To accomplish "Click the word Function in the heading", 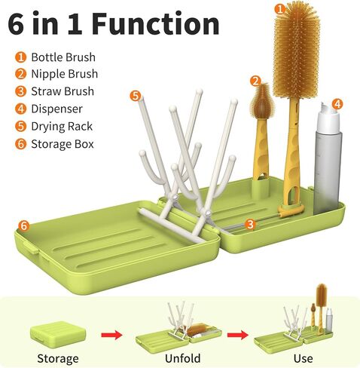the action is click(x=156, y=24).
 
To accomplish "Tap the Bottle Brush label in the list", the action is click(x=63, y=57).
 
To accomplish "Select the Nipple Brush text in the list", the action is click(x=65, y=74).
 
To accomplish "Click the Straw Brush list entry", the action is click(x=63, y=91).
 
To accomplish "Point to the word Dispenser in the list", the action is click(x=56, y=109).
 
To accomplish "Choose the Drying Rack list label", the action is click(x=62, y=127).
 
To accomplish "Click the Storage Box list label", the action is click(x=63, y=144).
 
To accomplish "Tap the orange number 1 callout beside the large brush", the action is click(x=279, y=9).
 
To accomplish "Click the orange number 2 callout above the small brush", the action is click(x=255, y=81).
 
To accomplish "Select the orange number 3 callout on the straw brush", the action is click(x=250, y=224).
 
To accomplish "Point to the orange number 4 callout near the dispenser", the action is click(x=337, y=104).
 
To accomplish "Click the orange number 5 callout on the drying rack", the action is click(x=136, y=96).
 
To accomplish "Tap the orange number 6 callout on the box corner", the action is click(x=23, y=225).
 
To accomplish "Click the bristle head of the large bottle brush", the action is click(x=297, y=51).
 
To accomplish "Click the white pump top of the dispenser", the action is click(x=329, y=118).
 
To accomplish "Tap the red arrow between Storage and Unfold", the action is click(x=112, y=335).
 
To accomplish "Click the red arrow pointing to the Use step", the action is click(x=238, y=335).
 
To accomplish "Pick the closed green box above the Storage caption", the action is click(x=58, y=334).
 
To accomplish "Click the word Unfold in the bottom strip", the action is click(x=183, y=358).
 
